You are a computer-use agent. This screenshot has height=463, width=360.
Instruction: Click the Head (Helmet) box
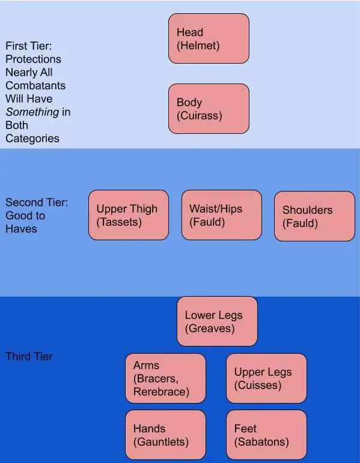209,38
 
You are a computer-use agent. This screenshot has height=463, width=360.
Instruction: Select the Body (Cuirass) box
209,109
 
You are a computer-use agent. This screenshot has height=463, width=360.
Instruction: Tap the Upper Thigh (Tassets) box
129,215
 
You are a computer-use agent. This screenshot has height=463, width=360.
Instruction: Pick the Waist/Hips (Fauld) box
222,215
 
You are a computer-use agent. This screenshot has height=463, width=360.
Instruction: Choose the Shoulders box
314,216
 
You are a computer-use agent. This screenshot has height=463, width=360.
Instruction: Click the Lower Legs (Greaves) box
217,321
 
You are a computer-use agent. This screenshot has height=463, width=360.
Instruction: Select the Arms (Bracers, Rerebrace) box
165,378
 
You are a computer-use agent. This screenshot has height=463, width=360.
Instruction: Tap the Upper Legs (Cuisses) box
266,378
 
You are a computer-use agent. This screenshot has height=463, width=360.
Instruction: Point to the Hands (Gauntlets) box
165,435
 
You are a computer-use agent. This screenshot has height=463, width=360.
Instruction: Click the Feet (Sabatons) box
266,435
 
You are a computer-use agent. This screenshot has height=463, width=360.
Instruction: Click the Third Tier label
29,356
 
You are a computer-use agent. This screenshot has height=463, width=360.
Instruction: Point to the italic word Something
32,112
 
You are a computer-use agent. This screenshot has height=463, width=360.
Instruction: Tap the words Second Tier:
37,202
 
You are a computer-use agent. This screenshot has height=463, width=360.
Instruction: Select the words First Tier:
29,46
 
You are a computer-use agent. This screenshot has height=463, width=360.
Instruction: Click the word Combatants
35,86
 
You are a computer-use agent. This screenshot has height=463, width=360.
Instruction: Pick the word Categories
32,139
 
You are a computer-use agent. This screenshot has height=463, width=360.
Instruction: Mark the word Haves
21,229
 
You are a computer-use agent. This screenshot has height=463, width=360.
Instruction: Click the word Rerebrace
162,392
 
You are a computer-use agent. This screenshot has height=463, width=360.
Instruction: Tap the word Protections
34,59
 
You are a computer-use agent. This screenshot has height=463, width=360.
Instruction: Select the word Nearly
21,73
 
